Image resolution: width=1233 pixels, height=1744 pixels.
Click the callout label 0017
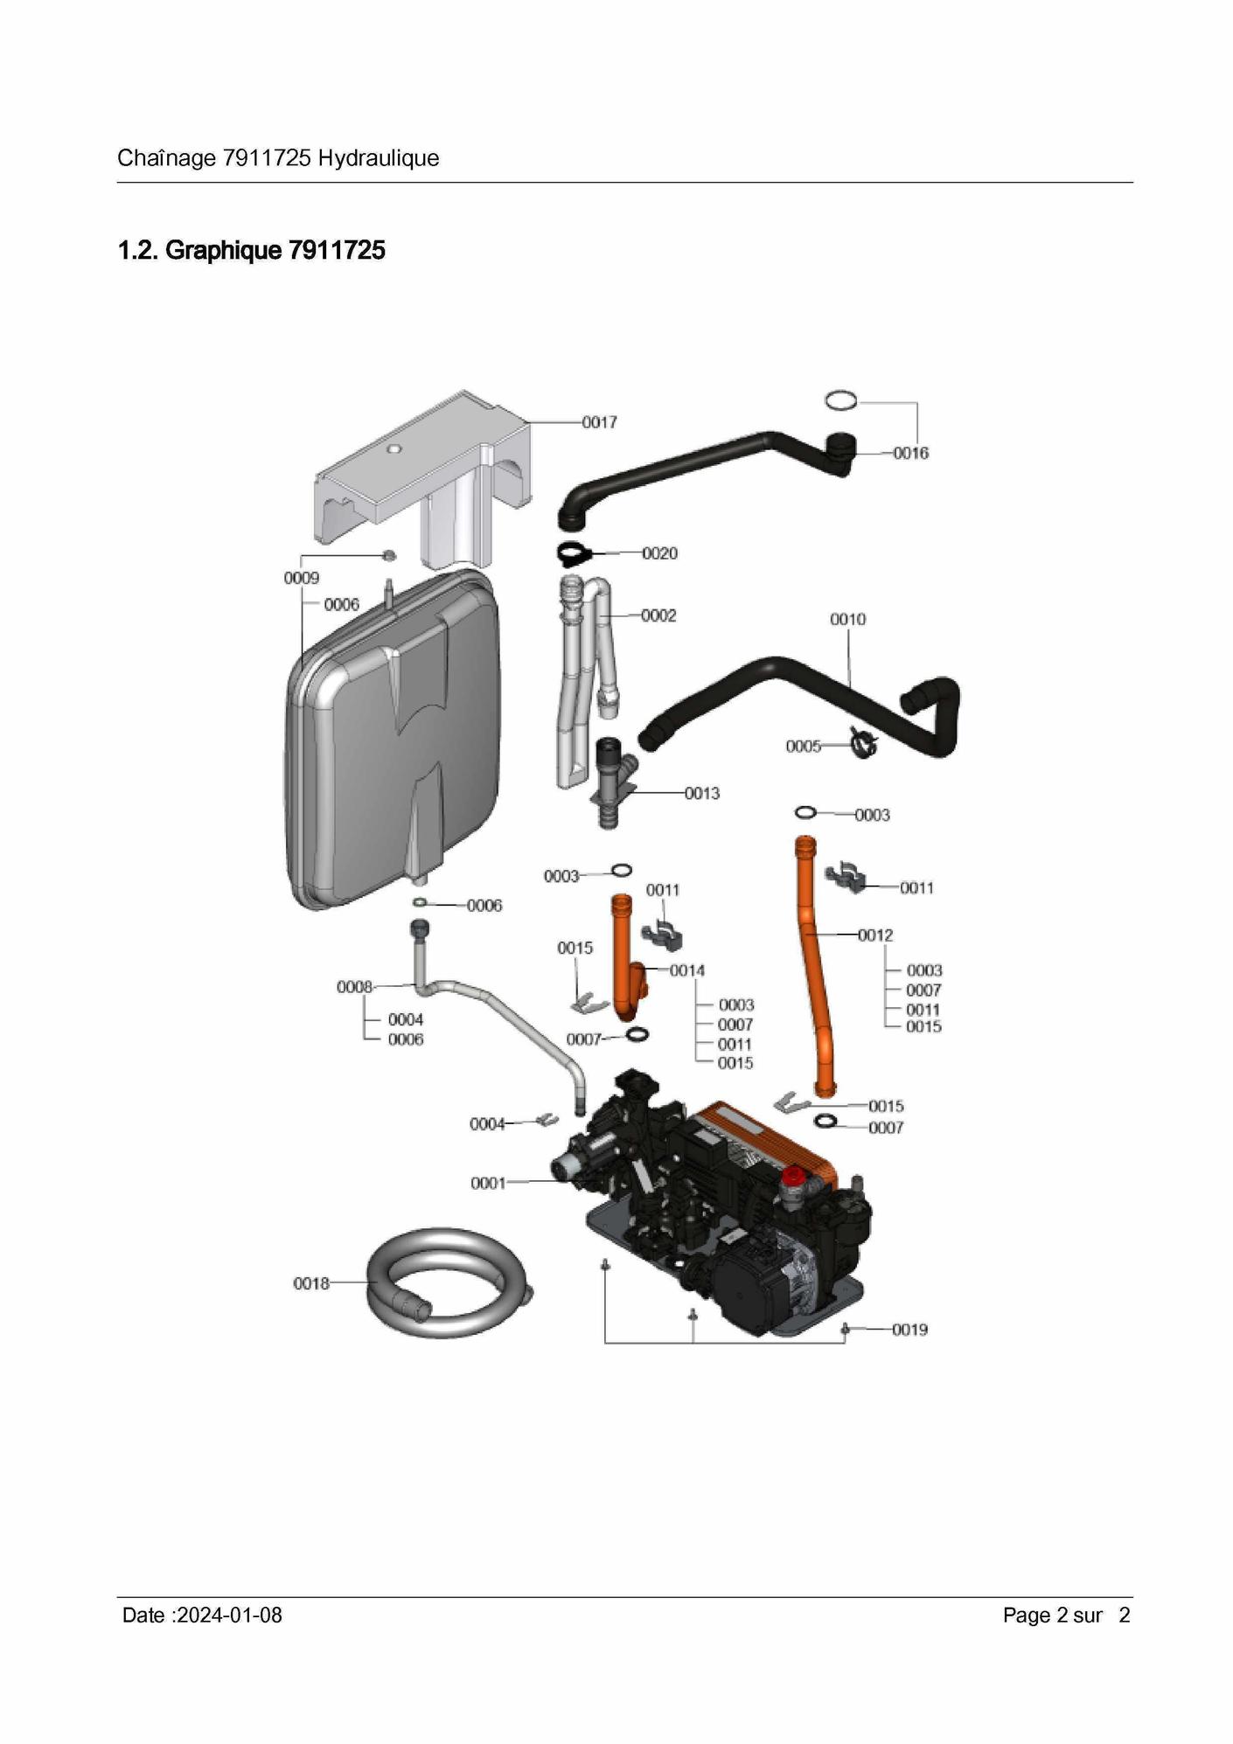600,422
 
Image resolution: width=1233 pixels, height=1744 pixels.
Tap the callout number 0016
910,453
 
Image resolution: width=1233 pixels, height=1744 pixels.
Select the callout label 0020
660,553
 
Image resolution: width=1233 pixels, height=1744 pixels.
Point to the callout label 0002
658,615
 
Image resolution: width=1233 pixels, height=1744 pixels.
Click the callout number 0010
847,619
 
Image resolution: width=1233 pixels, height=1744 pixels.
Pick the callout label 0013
702,793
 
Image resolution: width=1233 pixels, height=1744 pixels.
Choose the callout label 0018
311,1283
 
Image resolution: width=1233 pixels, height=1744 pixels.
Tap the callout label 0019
909,1330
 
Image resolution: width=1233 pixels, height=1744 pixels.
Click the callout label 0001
488,1183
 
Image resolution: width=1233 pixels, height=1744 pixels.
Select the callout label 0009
302,578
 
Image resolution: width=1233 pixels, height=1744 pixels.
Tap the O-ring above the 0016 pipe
841,401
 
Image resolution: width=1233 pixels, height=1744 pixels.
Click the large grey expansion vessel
394,743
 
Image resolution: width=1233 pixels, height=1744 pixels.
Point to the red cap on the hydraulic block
792,1177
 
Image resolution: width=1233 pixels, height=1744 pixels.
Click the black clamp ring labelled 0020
573,553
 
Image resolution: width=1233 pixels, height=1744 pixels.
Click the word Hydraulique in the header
379,158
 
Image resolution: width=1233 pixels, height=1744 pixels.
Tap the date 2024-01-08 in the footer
229,1615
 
